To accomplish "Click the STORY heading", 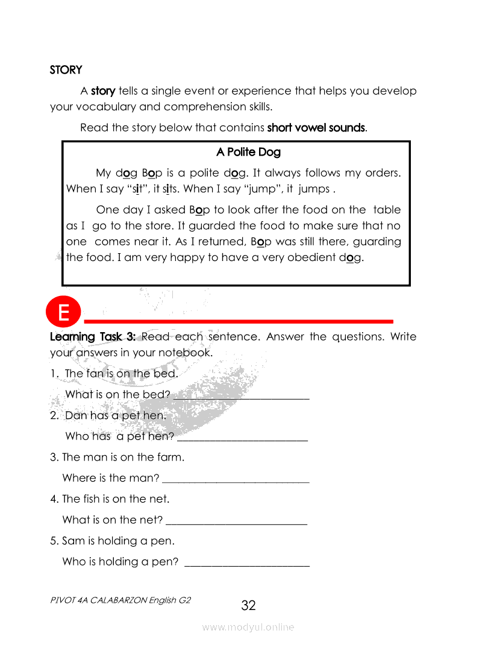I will (x=66, y=70).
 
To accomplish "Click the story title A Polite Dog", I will (x=248, y=152).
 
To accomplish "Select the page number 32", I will (x=248, y=605).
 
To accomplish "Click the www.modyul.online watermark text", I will (x=248, y=627).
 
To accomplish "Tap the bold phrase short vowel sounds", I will (x=316, y=128).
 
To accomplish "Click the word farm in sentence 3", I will (x=169, y=457).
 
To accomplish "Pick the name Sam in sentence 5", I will (x=72, y=541).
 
